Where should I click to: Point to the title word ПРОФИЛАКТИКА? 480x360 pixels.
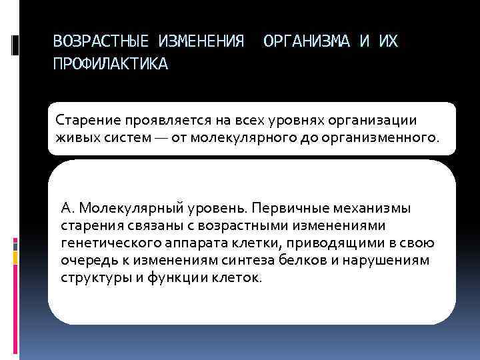[x=111, y=65]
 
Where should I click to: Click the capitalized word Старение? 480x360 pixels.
[x=85, y=120]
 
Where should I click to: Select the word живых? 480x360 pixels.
[x=76, y=139]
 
